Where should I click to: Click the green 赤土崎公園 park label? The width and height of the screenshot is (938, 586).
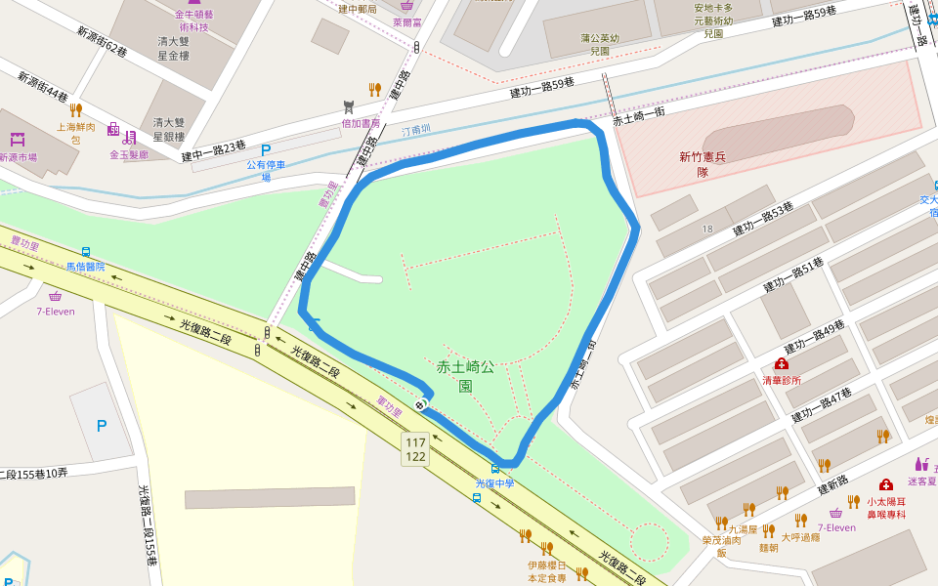point(465,376)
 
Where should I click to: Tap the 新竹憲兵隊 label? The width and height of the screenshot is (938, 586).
point(703,164)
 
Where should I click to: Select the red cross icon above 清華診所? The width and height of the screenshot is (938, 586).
point(782,364)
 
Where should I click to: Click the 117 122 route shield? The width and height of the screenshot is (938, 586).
point(415,449)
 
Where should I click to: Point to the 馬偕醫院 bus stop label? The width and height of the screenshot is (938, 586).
point(85,266)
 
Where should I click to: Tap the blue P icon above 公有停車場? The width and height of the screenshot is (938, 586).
point(266,150)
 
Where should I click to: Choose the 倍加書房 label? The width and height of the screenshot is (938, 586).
point(360,124)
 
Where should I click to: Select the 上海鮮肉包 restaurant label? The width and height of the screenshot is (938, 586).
point(75,133)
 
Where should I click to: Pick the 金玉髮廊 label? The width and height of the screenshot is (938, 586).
point(129,154)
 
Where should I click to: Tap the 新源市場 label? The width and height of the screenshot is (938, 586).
point(18,156)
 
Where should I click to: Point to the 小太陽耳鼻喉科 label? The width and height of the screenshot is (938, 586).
point(886,508)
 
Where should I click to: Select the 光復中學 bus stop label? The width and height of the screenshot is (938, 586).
point(494,482)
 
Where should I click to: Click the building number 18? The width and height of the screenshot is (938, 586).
point(707,229)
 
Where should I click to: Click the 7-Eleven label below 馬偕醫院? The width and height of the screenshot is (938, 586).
point(56,312)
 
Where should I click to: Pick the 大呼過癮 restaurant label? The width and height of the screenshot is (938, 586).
point(799,536)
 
